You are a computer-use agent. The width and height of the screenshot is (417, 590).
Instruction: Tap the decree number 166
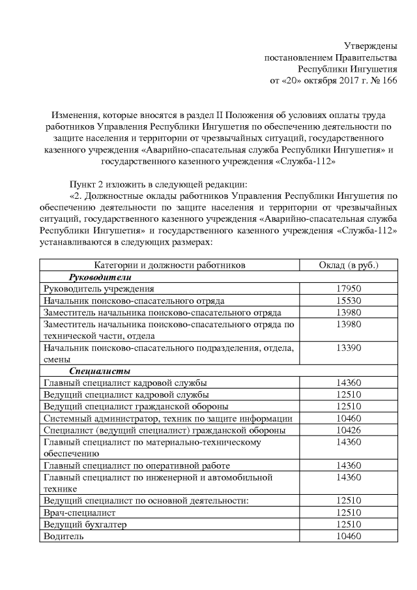389,80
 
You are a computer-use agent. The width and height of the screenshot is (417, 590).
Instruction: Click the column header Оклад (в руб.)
349,265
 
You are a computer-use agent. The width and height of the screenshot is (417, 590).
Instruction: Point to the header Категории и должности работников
169,265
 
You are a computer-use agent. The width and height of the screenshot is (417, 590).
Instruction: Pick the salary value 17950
349,289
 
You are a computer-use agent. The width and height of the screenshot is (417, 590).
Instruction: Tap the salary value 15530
349,301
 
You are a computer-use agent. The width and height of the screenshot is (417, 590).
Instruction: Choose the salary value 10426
349,430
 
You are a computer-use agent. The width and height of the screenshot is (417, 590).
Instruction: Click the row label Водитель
63,536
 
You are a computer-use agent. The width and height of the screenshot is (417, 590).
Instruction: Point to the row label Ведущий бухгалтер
84,524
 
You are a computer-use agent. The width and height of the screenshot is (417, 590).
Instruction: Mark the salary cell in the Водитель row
349,536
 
